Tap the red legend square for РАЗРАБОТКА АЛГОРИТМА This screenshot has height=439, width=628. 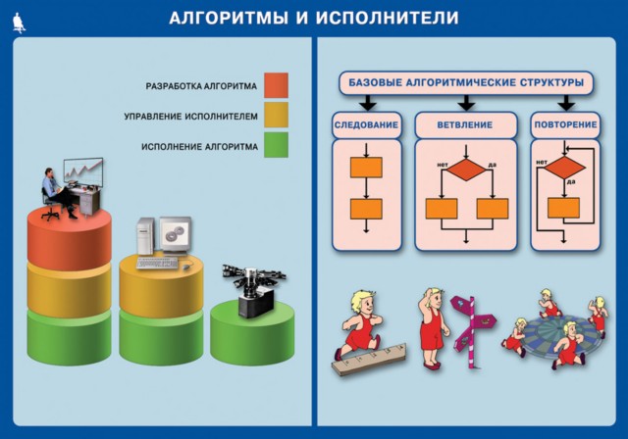pyautogui.click(x=276, y=85)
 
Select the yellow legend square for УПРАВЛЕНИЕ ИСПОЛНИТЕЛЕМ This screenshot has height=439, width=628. pyautogui.click(x=276, y=115)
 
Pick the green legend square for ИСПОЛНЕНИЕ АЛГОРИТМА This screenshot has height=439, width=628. pyautogui.click(x=276, y=145)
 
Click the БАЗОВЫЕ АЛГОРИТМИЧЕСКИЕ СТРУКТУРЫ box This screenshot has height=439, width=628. pyautogui.click(x=466, y=82)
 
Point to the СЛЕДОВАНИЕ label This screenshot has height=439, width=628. pyautogui.click(x=366, y=124)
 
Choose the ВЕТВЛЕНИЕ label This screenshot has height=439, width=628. pyautogui.click(x=465, y=124)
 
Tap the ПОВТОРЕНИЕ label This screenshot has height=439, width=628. pyautogui.click(x=565, y=124)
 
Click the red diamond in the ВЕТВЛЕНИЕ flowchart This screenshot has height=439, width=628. pyautogui.click(x=466, y=170)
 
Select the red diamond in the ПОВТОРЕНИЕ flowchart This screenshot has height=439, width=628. pyautogui.click(x=565, y=168)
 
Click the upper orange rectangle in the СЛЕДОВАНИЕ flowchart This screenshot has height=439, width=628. pyautogui.click(x=366, y=168)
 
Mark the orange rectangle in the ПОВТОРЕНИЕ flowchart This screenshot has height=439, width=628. pyautogui.click(x=564, y=208)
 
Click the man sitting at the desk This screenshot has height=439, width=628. pyautogui.click(x=58, y=194)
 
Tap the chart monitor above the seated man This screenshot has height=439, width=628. pyautogui.click(x=83, y=172)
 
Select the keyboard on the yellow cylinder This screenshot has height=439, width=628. pyautogui.click(x=157, y=263)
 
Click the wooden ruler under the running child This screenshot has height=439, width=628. pyautogui.click(x=369, y=360)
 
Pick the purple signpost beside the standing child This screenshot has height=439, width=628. pyautogui.click(x=473, y=330)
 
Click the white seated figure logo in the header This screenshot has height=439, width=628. pyautogui.click(x=19, y=23)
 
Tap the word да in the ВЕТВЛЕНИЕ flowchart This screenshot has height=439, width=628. pyautogui.click(x=493, y=165)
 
